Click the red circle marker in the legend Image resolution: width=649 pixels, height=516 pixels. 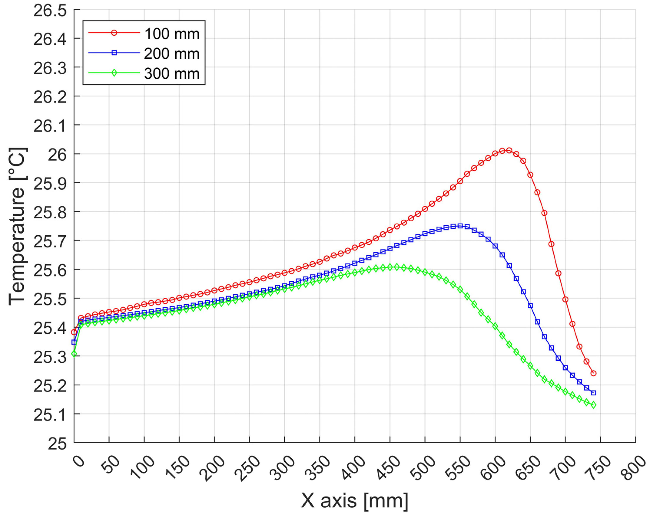click(114, 33)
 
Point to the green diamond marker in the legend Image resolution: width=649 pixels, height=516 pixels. click(114, 73)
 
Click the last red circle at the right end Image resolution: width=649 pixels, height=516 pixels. click(593, 373)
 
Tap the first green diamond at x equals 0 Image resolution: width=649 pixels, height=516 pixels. click(74, 354)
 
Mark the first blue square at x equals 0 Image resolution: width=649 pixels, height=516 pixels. click(74, 342)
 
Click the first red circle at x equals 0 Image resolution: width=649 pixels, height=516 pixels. click(74, 332)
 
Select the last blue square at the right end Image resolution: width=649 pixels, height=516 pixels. click(593, 393)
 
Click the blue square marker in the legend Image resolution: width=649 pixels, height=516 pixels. click(114, 53)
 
